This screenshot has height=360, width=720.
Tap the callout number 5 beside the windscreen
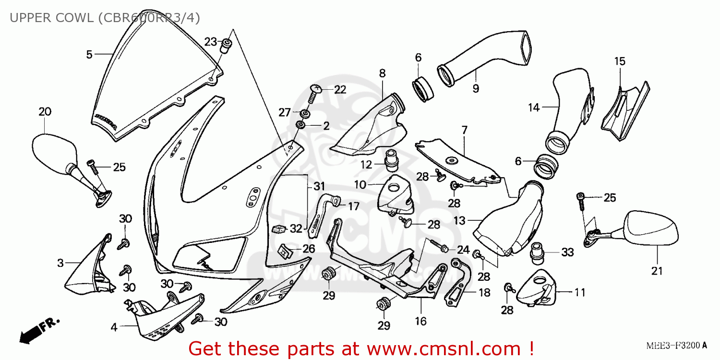pyautogui.click(x=89, y=55)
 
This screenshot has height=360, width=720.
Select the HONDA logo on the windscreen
pyautogui.click(x=106, y=122)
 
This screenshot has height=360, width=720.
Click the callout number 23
pyautogui.click(x=211, y=42)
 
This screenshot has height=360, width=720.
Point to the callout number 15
pyautogui.click(x=620, y=61)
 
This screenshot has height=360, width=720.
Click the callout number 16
pyautogui.click(x=420, y=321)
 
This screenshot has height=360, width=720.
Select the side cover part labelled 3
pyautogui.click(x=89, y=266)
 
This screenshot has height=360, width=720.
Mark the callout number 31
pyautogui.click(x=319, y=186)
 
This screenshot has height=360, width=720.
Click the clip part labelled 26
pyautogui.click(x=285, y=250)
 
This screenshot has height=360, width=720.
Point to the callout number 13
pyautogui.click(x=459, y=220)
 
